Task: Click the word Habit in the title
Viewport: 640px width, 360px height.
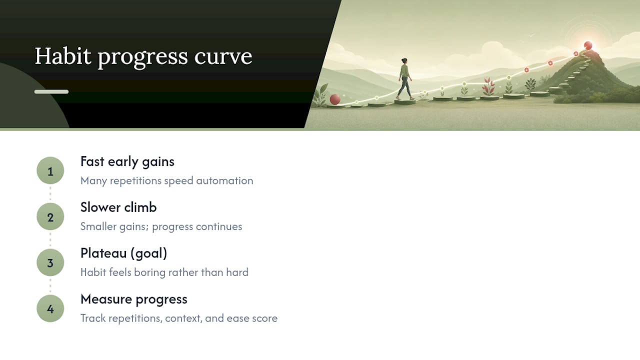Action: click(63, 56)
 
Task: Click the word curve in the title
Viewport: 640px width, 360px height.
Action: click(223, 56)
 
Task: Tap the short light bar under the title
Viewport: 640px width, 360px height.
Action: click(51, 91)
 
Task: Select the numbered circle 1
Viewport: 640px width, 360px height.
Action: click(50, 170)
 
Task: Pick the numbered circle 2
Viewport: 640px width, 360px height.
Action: click(50, 216)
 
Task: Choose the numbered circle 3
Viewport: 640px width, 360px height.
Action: click(50, 262)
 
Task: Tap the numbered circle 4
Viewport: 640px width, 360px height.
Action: click(50, 308)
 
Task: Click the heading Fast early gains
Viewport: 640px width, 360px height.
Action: click(127, 162)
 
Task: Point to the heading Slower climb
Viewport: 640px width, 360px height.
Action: click(118, 207)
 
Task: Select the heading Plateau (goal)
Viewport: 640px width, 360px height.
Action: click(123, 253)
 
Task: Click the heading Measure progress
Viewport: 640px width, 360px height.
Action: click(134, 299)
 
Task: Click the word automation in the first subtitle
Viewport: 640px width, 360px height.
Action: click(224, 181)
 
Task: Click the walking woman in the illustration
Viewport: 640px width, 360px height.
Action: click(405, 79)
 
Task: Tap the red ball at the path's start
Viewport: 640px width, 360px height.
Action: click(335, 99)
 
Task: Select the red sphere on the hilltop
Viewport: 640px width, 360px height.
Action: click(588, 45)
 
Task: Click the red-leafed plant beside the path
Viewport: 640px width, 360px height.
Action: click(488, 86)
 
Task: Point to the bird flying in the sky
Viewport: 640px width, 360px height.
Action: click(531, 35)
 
